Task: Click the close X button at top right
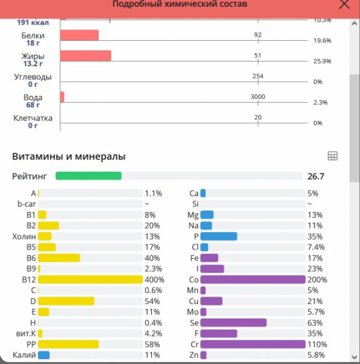[345, 4]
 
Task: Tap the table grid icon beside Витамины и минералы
[332, 156]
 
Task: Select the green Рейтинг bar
[89, 176]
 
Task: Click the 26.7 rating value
[316, 176]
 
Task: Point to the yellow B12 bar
[90, 279]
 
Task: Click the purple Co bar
[252, 279]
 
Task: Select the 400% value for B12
[154, 279]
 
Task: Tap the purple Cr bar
[252, 344]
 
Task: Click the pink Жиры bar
[86, 56]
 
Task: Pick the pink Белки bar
[79, 35]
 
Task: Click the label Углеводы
[33, 77]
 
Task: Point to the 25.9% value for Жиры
[322, 61]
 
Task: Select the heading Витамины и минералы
[69, 157]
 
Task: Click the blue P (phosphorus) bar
[219, 236]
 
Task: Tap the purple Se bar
[233, 323]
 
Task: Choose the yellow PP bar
[68, 344]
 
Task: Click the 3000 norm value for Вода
[258, 97]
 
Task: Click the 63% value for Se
[315, 323]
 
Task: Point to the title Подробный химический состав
[180, 4]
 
